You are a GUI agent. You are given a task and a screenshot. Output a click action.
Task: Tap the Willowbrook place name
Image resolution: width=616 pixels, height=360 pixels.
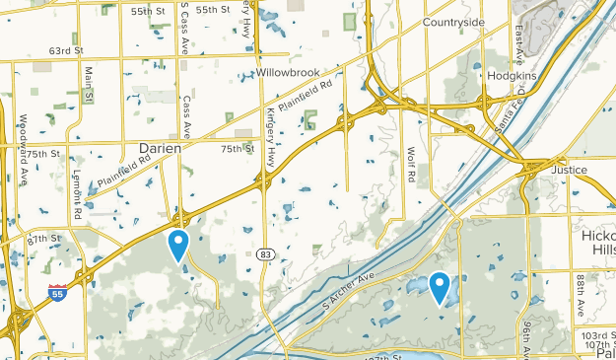coord(291,74)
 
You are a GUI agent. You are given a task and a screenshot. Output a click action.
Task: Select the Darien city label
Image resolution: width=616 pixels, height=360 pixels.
coord(159,148)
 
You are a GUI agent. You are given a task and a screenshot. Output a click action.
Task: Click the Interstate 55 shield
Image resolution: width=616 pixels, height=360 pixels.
coord(57,292)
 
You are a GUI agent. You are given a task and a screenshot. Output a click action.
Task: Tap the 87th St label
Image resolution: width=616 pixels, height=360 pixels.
coord(44,240)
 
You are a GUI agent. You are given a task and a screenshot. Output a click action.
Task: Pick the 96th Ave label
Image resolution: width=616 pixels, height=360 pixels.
coord(528,337)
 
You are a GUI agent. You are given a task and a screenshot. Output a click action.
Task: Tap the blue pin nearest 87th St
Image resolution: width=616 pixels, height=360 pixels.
coord(178,244)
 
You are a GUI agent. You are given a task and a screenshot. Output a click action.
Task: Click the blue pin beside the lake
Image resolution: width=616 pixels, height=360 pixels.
coord(439,286)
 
